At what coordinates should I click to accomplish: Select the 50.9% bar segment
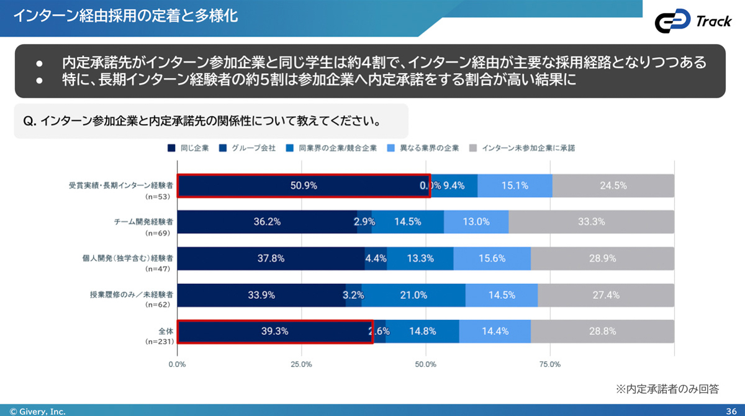[303, 185]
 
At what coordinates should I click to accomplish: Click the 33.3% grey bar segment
[591, 222]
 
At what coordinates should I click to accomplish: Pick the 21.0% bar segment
[413, 295]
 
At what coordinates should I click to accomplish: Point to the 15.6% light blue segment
[492, 259]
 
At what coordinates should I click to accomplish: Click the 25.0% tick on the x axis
[301, 364]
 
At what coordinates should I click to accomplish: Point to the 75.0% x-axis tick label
[550, 364]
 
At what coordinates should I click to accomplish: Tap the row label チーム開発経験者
[143, 221]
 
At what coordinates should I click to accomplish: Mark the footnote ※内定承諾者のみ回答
[667, 389]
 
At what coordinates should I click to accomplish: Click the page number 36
[731, 411]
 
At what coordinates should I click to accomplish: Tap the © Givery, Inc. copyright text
[37, 411]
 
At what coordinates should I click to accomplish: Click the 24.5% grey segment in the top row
[613, 185]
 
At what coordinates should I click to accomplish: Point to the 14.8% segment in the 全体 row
[422, 331]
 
